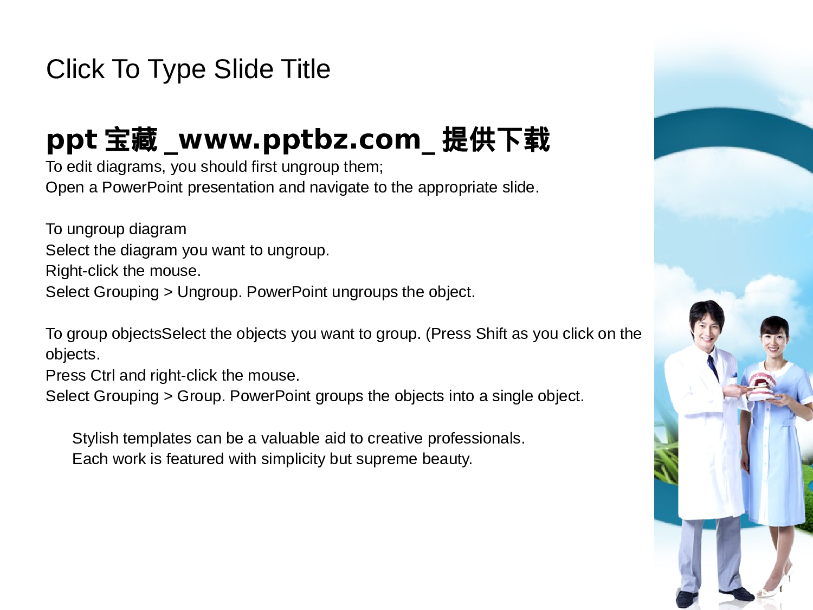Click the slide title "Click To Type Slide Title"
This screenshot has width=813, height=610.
coord(188,69)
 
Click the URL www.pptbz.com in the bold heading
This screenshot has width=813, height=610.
coord(299,140)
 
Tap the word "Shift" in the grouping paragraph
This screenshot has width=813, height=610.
coord(491,333)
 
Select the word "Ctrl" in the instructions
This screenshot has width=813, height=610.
coord(102,375)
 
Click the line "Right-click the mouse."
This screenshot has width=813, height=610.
coord(123,271)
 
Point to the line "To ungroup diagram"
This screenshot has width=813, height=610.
coord(116,229)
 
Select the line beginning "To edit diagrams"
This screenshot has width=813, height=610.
coord(214,166)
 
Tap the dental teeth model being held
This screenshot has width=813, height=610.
coord(762,385)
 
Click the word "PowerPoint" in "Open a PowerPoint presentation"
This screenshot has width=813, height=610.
coord(143,188)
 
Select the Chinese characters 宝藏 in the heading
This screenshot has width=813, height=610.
coord(131,140)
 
